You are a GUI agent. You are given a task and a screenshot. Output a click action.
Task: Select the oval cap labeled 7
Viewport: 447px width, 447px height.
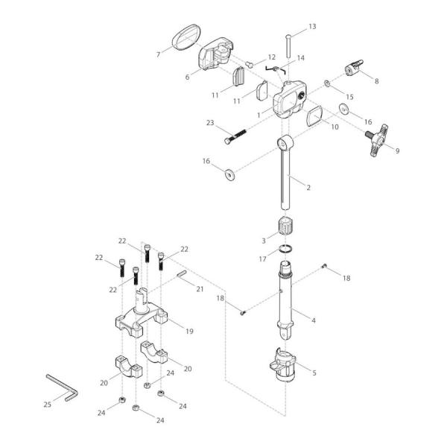(x=186, y=37)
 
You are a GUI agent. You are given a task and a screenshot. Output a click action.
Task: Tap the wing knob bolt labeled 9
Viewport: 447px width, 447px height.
(x=378, y=140)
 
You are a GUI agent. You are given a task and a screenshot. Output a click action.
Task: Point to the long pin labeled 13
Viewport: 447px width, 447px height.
(x=288, y=46)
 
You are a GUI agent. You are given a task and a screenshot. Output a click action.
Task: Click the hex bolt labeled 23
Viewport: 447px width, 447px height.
(x=235, y=136)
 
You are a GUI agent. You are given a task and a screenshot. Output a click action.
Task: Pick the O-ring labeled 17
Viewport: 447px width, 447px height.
(x=286, y=249)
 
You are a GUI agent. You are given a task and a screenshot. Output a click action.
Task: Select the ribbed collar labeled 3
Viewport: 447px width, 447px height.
(x=285, y=226)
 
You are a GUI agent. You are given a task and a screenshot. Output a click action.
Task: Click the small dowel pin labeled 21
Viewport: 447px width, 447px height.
(x=181, y=273)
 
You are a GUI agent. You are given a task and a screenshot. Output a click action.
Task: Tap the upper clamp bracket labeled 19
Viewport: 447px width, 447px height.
(x=142, y=314)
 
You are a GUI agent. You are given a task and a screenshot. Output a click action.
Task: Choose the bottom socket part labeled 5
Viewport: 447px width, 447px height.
(x=283, y=365)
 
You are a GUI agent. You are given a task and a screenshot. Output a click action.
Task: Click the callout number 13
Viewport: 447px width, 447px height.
(x=312, y=27)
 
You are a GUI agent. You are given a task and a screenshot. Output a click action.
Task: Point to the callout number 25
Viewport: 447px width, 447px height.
(x=48, y=405)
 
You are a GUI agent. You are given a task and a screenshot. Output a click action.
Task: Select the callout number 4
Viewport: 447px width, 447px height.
(x=314, y=320)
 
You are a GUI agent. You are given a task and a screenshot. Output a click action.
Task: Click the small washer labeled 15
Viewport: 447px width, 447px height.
(x=327, y=83)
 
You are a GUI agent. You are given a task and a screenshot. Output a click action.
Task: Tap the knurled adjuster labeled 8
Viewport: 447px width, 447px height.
(x=354, y=68)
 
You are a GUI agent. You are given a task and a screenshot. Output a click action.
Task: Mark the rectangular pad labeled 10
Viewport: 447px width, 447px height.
(x=314, y=115)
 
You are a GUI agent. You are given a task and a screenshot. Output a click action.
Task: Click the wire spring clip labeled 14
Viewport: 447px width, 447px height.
(x=275, y=69)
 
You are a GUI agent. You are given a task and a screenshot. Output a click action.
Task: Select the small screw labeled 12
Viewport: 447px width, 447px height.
(x=249, y=64)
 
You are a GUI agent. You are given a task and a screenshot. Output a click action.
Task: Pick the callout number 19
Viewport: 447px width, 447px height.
(x=189, y=332)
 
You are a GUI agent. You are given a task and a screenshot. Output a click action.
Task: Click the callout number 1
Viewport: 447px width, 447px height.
(x=259, y=115)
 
